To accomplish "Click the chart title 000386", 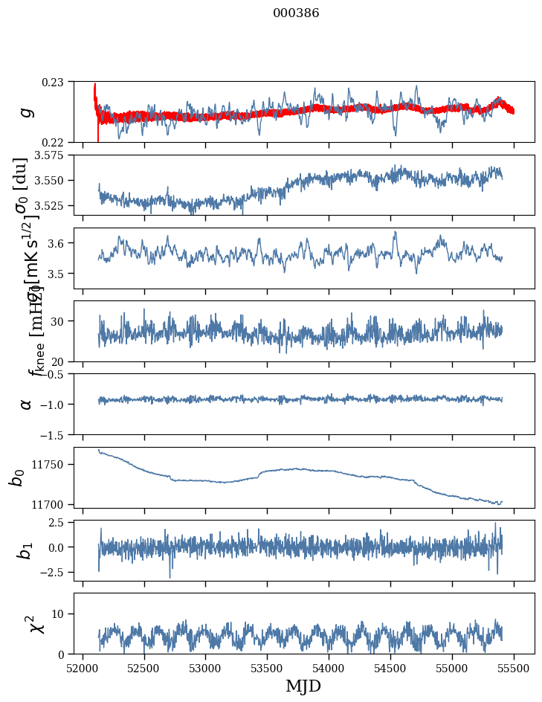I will click(x=296, y=13).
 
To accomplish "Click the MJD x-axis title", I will click(x=303, y=686).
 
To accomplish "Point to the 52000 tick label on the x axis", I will click(x=83, y=667).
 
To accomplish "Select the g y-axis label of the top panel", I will click(x=27, y=112).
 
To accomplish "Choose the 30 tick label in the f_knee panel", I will click(x=62, y=321).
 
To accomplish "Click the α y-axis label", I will click(x=27, y=404).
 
